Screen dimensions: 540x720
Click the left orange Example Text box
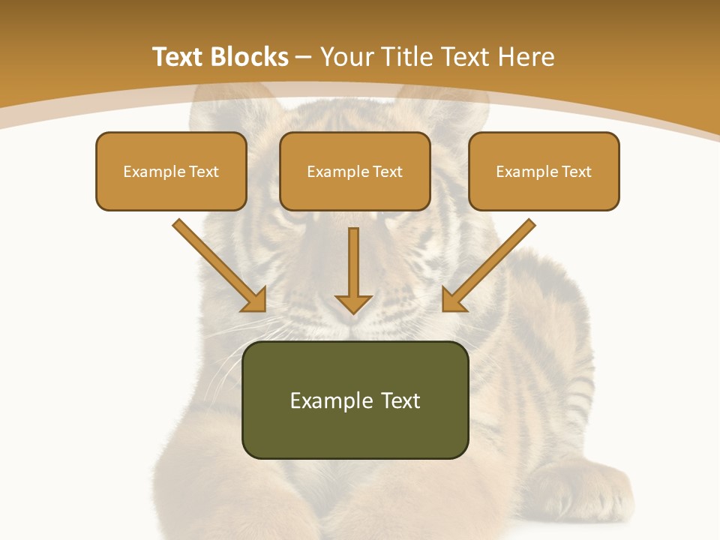pyautogui.click(x=171, y=171)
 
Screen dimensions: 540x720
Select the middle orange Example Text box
pyautogui.click(x=355, y=171)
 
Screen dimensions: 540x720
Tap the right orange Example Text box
pyautogui.click(x=544, y=171)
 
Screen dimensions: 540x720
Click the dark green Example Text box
pyautogui.click(x=355, y=400)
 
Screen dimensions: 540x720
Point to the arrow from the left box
pyautogui.click(x=218, y=264)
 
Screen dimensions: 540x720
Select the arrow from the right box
pyautogui.click(x=489, y=264)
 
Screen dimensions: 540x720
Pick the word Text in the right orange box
pyautogui.click(x=576, y=171)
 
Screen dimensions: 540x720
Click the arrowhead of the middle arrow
pyautogui.click(x=353, y=303)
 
